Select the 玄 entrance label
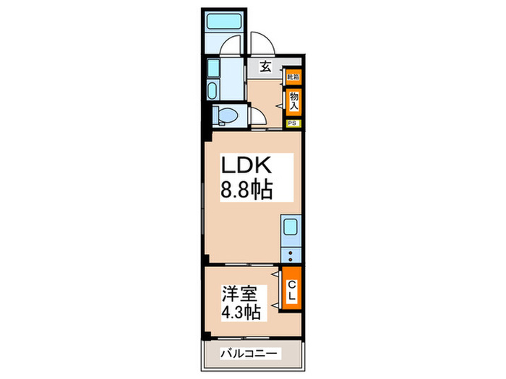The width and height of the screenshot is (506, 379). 265,67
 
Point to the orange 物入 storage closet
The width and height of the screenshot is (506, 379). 293,100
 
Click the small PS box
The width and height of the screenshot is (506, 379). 293,123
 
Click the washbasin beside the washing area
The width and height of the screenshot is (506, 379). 214,90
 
